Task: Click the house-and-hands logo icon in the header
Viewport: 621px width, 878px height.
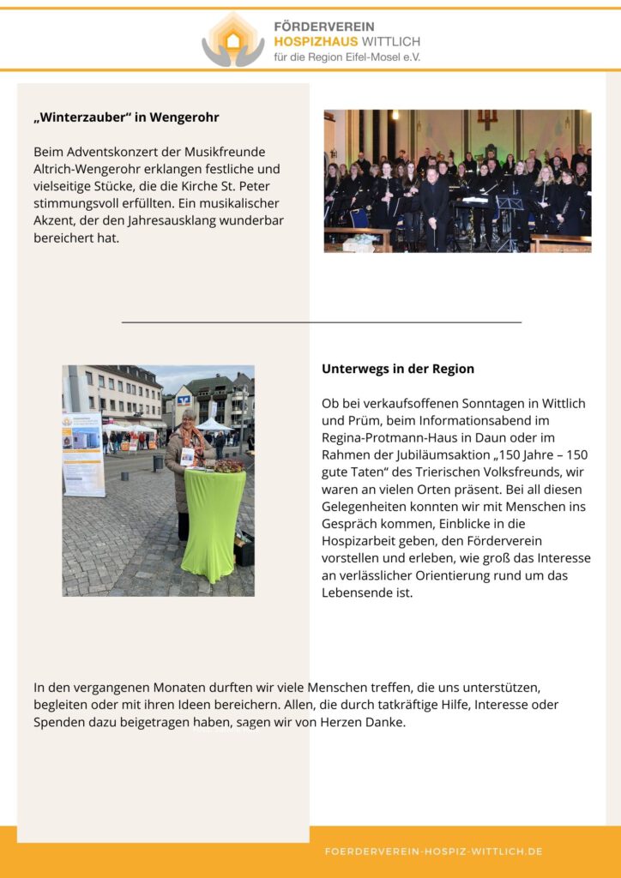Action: pos(233,39)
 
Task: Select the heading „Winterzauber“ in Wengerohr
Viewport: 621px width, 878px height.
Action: pos(132,117)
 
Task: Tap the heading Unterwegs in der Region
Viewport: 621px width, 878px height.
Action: pos(398,369)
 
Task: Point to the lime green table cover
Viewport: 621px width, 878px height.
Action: pos(213,523)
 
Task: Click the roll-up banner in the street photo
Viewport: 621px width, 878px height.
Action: pos(83,454)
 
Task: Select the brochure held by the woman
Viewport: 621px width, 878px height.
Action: pos(187,456)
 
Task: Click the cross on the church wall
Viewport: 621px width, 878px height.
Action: pos(487,118)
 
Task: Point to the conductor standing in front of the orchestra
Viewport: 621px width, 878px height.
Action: pos(434,206)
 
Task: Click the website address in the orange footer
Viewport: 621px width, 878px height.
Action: pos(433,851)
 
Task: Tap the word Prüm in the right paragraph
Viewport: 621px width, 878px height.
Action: pos(360,421)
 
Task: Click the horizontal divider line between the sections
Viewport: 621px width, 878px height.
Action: pos(322,322)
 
